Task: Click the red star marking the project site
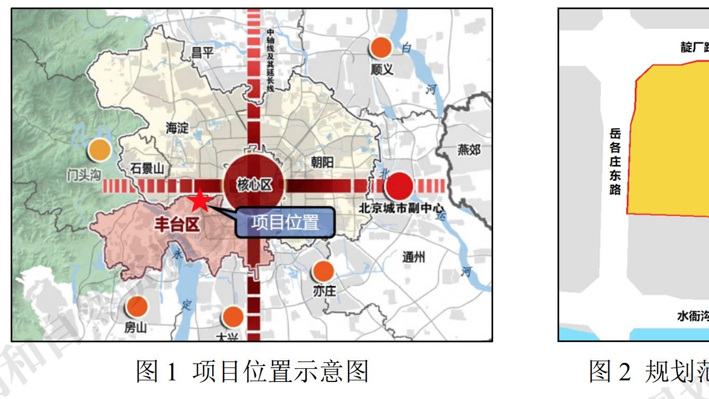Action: click(x=200, y=201)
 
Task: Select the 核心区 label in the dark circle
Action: click(x=254, y=185)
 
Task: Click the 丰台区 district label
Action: click(x=177, y=225)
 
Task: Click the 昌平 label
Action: click(x=204, y=52)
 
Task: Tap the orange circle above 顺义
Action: click(x=381, y=48)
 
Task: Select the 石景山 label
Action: click(x=148, y=169)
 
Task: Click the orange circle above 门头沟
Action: click(x=99, y=149)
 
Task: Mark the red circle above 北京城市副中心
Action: click(x=400, y=186)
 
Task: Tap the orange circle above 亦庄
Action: click(x=323, y=272)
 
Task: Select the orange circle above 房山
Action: click(x=137, y=306)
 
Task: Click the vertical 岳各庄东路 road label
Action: click(x=615, y=161)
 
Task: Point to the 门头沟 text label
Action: click(x=83, y=176)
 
